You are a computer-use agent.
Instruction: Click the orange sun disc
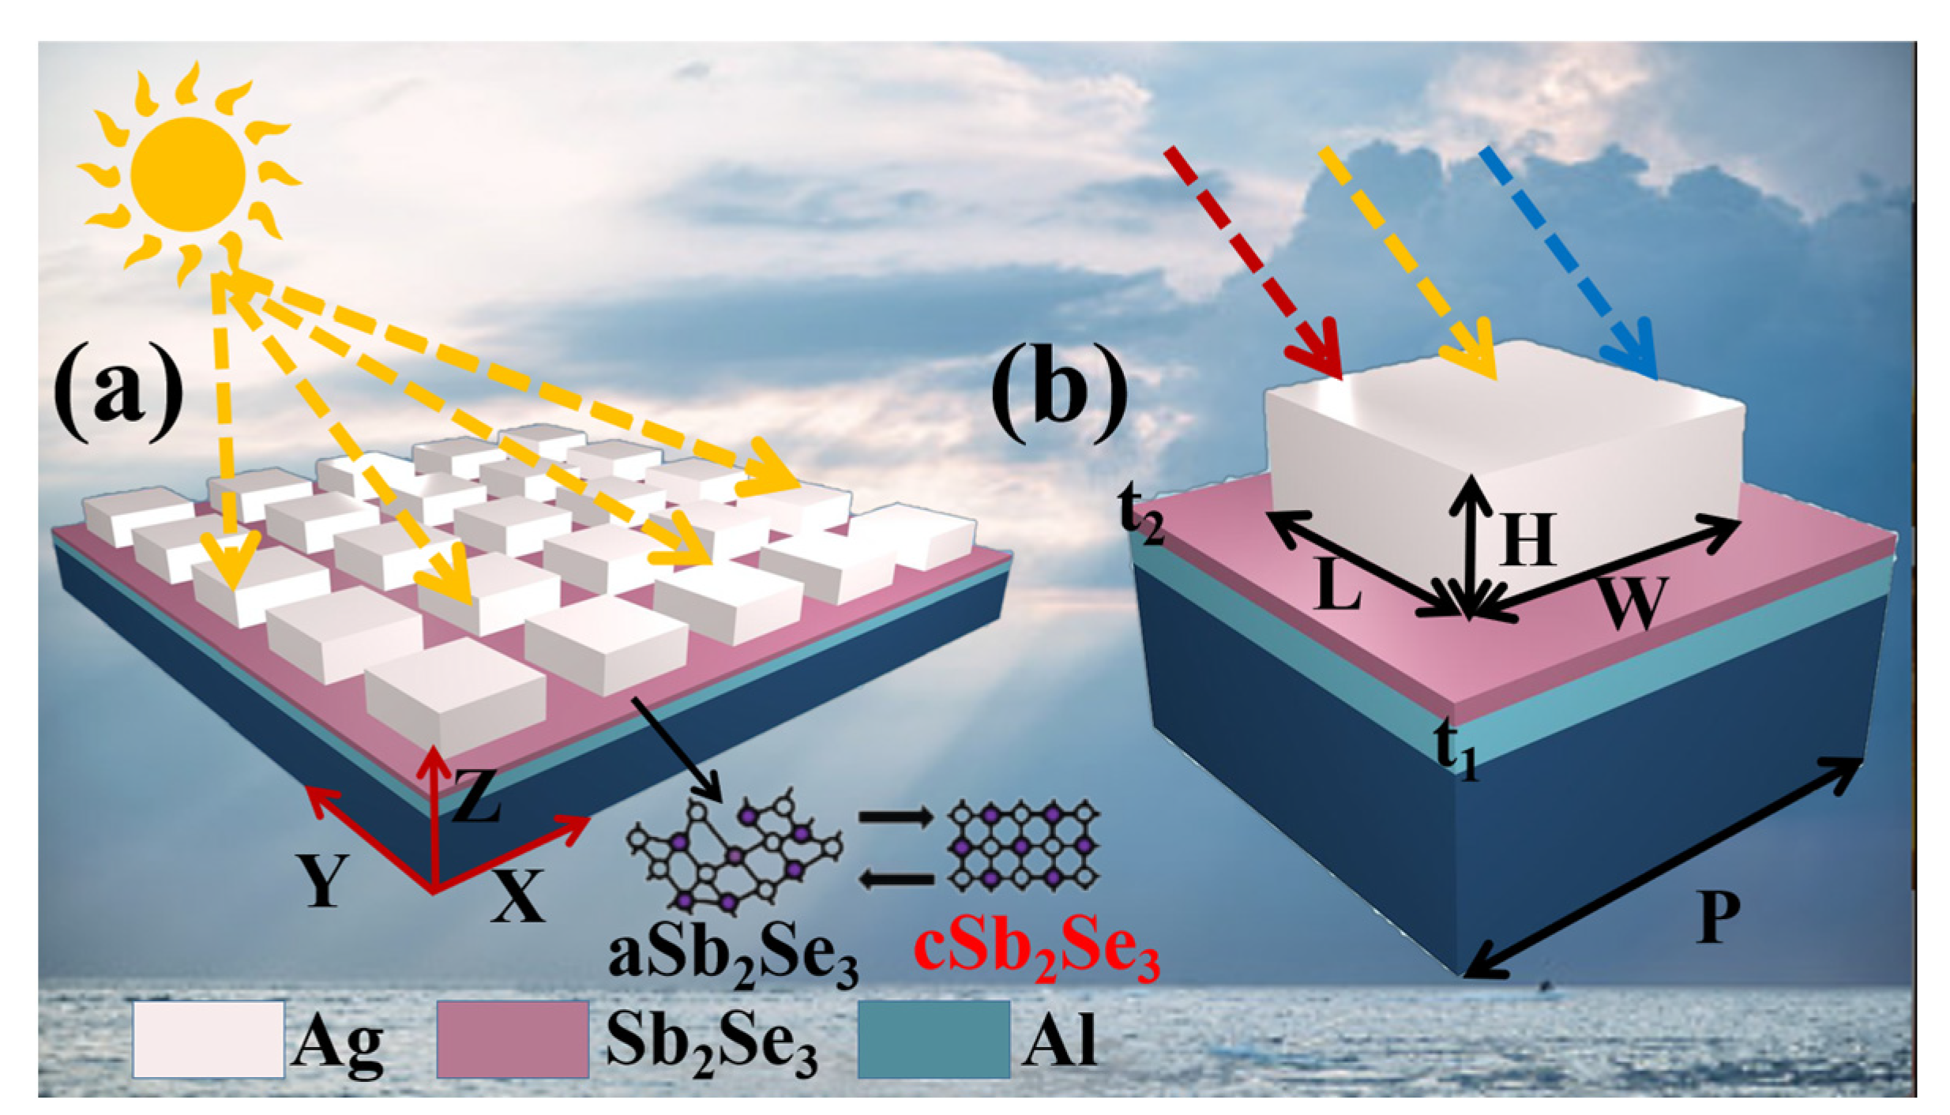coord(188,173)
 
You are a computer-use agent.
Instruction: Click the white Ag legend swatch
coord(209,1040)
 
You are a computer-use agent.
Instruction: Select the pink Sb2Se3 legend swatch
coord(513,1040)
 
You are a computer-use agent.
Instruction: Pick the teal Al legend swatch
coord(934,1040)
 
